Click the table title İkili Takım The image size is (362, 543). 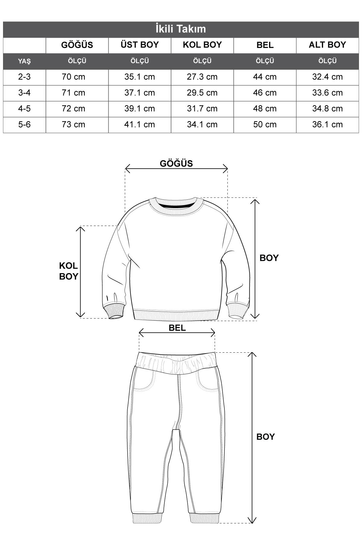tap(181, 29)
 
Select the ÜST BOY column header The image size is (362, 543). tap(140, 45)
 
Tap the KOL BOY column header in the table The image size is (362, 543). tap(202, 45)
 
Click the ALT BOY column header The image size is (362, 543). tap(327, 45)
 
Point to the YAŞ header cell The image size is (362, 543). tap(24, 61)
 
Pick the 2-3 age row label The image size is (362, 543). tap(24, 77)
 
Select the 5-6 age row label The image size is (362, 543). tap(24, 124)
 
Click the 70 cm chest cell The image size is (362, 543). tap(73, 77)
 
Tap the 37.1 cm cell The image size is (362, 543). tap(140, 93)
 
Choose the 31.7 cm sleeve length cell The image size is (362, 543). tap(202, 109)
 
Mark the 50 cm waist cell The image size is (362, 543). tap(265, 124)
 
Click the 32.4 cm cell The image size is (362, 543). tap(327, 77)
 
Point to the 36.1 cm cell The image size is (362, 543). tap(327, 124)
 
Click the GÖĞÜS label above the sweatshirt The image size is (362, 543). tap(176, 164)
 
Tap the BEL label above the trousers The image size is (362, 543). tap(177, 328)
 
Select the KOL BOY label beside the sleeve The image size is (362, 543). tap(68, 271)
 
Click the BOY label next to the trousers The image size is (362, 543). tap(265, 437)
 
